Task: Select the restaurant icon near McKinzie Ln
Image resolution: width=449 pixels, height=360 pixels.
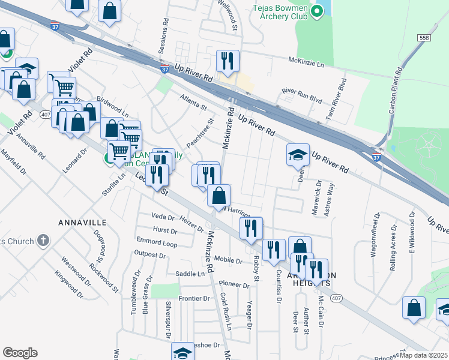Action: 228,60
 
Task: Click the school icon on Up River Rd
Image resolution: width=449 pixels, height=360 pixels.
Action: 298,154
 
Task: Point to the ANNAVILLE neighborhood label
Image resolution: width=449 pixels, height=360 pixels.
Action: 82,222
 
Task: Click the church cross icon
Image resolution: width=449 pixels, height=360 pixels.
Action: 43,241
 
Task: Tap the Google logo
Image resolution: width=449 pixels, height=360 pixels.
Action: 20,353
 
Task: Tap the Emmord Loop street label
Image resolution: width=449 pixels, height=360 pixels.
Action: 157,244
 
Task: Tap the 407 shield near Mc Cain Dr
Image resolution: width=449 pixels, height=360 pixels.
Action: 336,298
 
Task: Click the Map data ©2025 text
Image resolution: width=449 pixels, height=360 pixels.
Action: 424,355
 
